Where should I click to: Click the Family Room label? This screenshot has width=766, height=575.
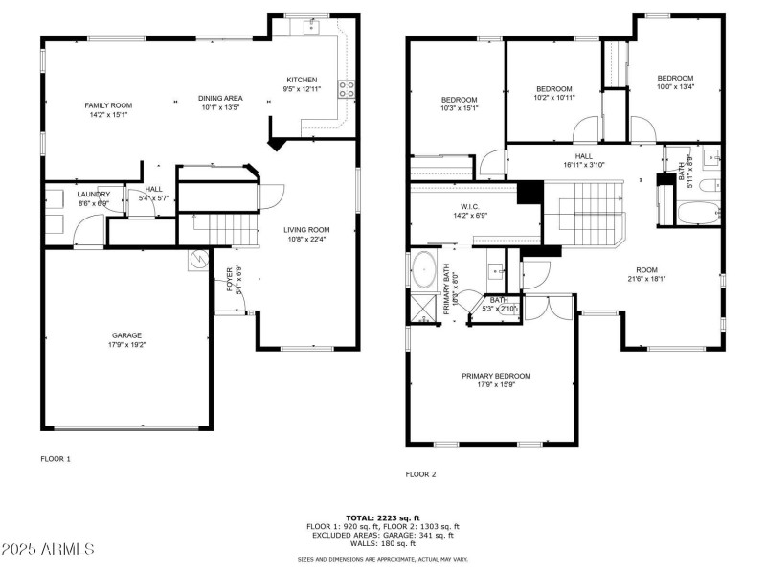(x=107, y=104)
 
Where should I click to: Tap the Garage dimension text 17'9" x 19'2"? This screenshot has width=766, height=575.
(x=126, y=344)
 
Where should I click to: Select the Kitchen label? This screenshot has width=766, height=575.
(x=302, y=80)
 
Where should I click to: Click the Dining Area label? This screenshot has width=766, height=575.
(x=220, y=98)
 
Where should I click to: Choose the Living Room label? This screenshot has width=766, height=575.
(x=306, y=229)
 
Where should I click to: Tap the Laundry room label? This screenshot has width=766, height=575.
(x=93, y=195)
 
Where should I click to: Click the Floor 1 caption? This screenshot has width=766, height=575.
(x=55, y=459)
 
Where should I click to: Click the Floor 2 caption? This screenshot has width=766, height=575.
(x=420, y=474)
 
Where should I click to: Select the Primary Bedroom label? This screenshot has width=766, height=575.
(x=495, y=376)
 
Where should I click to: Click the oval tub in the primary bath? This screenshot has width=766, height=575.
(x=422, y=270)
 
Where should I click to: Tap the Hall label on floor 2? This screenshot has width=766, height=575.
(x=584, y=155)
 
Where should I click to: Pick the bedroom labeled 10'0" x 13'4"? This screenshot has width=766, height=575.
(x=674, y=87)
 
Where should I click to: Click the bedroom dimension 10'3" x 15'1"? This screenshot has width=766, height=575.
(x=459, y=108)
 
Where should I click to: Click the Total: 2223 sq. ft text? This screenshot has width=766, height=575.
(x=382, y=517)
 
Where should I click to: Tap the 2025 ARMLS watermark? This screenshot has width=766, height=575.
(x=48, y=549)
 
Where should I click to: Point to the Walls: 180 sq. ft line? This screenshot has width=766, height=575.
(x=382, y=543)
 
